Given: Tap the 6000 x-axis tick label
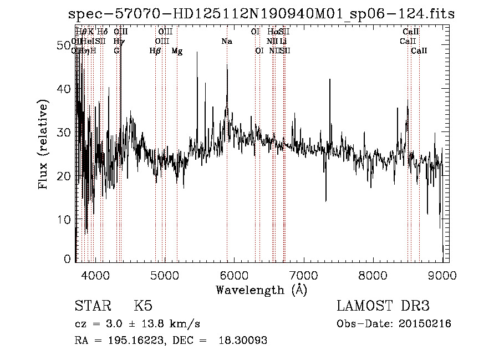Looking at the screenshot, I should pos(234,275).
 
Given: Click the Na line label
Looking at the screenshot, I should pos(226,42).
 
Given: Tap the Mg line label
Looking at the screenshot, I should pos(177,51).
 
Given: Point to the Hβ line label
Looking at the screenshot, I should pos(155,51).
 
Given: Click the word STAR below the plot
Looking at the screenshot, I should pos(91,306).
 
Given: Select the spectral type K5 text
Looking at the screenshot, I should pos(143,306).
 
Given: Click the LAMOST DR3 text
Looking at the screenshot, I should pos(383,306).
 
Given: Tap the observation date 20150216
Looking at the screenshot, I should pos(425,324).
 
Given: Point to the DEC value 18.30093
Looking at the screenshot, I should pos(245,341).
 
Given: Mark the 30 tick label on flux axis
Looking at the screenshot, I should pos(64,132).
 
